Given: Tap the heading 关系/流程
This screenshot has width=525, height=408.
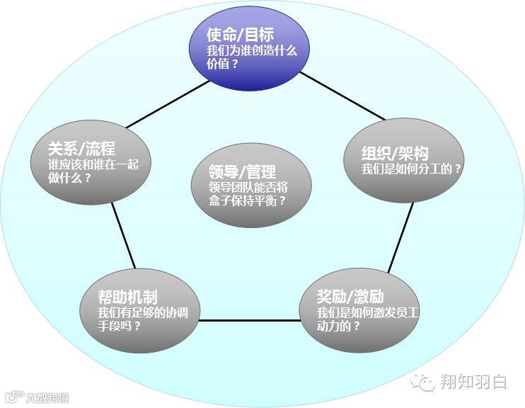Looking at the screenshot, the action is click(81, 148).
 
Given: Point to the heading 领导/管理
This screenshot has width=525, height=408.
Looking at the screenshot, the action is click(242, 171).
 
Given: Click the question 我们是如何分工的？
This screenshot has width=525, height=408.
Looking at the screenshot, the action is click(411, 170).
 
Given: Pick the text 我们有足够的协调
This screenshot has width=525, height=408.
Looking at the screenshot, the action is click(143, 312).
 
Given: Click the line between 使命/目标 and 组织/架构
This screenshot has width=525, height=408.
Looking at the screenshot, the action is click(342, 95).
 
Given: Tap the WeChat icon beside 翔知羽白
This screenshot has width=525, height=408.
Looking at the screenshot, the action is click(425, 382).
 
